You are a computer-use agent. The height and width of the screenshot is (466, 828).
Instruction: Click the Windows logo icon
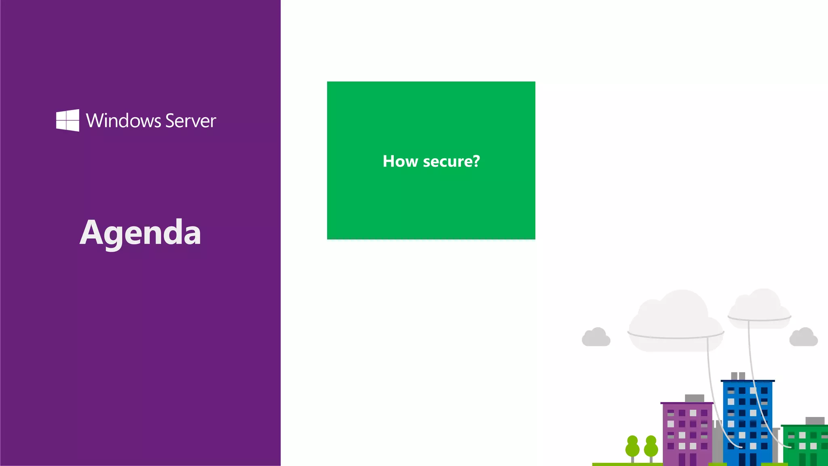[68, 120]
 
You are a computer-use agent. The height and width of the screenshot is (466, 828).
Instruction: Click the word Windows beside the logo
[123, 121]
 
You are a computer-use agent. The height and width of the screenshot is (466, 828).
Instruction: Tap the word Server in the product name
[190, 121]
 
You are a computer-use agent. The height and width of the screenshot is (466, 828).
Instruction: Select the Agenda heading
[140, 233]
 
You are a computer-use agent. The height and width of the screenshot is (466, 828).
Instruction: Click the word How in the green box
[400, 161]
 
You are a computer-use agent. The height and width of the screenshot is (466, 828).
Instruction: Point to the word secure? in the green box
[451, 161]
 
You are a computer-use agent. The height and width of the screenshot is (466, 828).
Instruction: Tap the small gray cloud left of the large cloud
[596, 338]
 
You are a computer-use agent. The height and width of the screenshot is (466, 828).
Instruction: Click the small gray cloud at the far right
[803, 338]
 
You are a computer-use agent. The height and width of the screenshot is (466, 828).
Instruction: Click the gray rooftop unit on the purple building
[694, 398]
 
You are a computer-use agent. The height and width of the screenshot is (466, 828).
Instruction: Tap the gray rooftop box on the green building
[815, 421]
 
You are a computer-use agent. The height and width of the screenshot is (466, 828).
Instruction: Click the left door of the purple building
[682, 459]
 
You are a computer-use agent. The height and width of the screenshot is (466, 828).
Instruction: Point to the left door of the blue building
[742, 459]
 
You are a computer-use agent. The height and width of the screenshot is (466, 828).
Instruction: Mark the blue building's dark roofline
[748, 381]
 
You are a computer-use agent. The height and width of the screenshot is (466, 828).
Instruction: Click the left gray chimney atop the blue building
[734, 376]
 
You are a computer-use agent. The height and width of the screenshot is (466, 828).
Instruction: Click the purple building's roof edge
[686, 403]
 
